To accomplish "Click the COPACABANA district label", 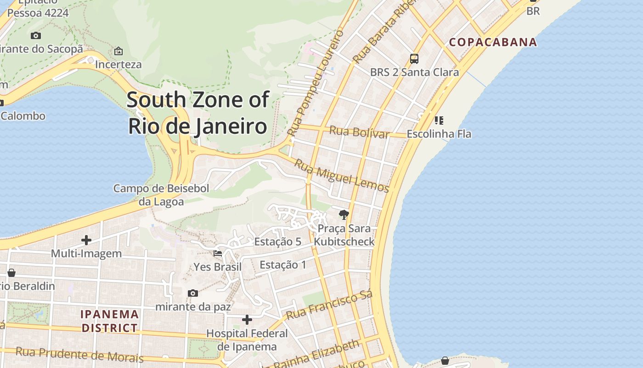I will pos(493,42).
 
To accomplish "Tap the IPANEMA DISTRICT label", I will pos(109,321).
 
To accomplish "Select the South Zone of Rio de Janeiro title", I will pos(197,113).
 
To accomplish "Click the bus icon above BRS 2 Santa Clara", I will pos(414,59).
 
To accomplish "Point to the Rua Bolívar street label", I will pos(359,132).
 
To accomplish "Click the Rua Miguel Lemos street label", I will pos(342,176).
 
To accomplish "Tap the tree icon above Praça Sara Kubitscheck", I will pos(344,214).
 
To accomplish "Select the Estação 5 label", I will pos(277,241).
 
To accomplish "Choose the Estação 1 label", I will pos(283,264).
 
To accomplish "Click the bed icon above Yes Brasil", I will pos(218,253).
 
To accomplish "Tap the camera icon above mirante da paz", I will pos(193,293).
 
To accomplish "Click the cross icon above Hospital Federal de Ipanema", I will pos(247,320).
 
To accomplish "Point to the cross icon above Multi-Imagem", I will pos(86,240).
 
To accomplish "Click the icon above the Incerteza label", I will pos(118,51).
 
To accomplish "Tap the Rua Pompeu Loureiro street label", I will pos(316,83).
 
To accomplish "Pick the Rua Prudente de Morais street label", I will pos(79,355).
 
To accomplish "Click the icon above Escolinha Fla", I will pos(439,121).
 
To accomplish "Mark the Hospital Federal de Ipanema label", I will pos(247,340).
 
